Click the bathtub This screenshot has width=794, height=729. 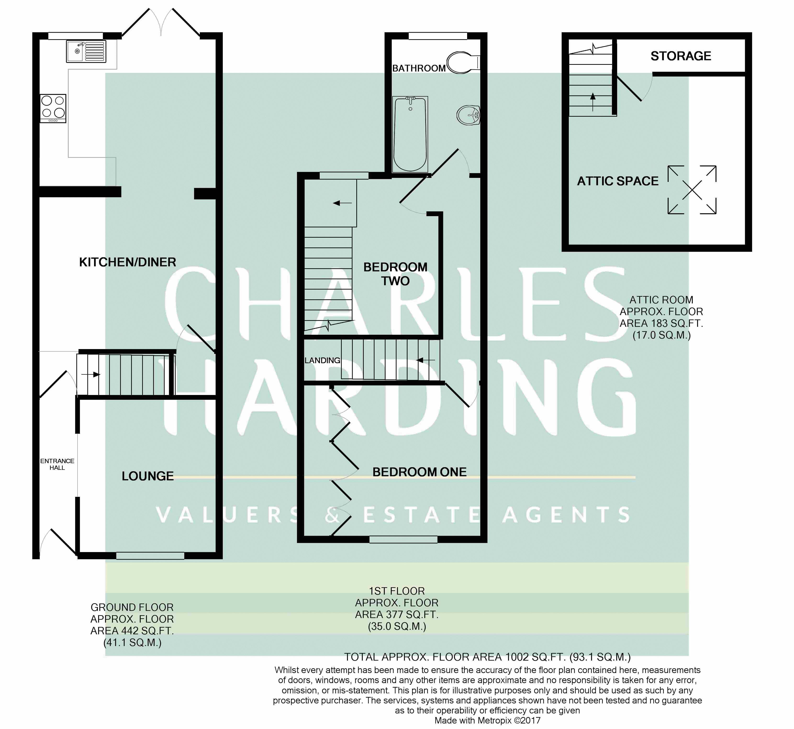(x=410, y=134)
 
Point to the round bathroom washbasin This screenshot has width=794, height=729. (x=469, y=115)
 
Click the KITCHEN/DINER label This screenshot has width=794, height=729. (x=128, y=262)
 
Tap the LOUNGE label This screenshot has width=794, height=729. (x=148, y=476)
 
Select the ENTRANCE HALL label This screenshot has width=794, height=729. (x=57, y=464)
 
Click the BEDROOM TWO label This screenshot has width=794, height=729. (x=395, y=274)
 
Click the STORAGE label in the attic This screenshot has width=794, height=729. (x=681, y=56)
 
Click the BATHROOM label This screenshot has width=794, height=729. (x=419, y=68)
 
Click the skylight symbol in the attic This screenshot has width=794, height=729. (x=692, y=190)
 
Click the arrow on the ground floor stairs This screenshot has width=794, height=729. (x=91, y=374)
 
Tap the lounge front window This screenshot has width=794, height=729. (x=150, y=555)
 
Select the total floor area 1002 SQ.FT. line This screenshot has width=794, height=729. (x=487, y=657)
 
